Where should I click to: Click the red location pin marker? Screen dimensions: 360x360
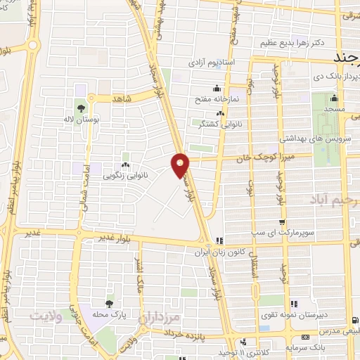pyautogui.click(x=181, y=164)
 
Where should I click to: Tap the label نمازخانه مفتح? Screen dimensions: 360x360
pyautogui.click(x=219, y=99)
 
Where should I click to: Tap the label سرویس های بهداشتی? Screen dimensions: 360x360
pyautogui.click(x=299, y=139)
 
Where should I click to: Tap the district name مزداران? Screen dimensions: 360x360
pyautogui.click(x=162, y=318)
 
